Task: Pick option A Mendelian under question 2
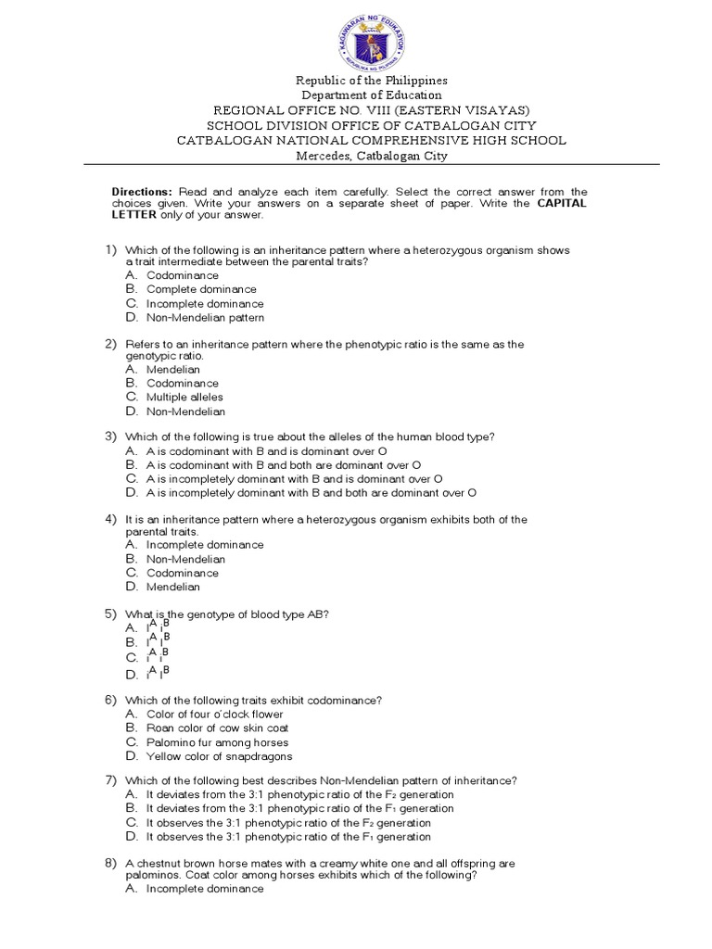[172, 370]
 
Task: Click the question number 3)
[109, 436]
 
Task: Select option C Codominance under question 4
[183, 573]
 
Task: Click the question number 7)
[109, 779]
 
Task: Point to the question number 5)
[109, 614]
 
